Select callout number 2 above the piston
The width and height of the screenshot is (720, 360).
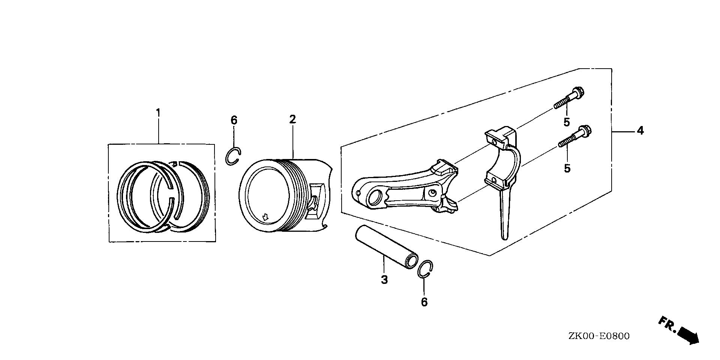[x=292, y=119]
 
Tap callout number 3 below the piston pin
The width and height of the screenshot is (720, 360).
[x=384, y=279]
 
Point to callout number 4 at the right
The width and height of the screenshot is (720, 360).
[x=640, y=131]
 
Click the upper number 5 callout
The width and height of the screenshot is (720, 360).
[x=567, y=122]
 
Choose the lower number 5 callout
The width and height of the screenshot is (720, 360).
[x=567, y=168]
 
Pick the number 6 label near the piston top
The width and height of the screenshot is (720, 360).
[x=234, y=120]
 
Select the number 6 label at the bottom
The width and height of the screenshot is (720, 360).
[x=424, y=302]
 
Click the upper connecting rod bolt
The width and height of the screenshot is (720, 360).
[x=570, y=97]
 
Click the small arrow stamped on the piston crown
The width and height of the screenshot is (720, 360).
[x=265, y=217]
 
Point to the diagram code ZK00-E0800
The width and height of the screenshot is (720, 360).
[x=598, y=336]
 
